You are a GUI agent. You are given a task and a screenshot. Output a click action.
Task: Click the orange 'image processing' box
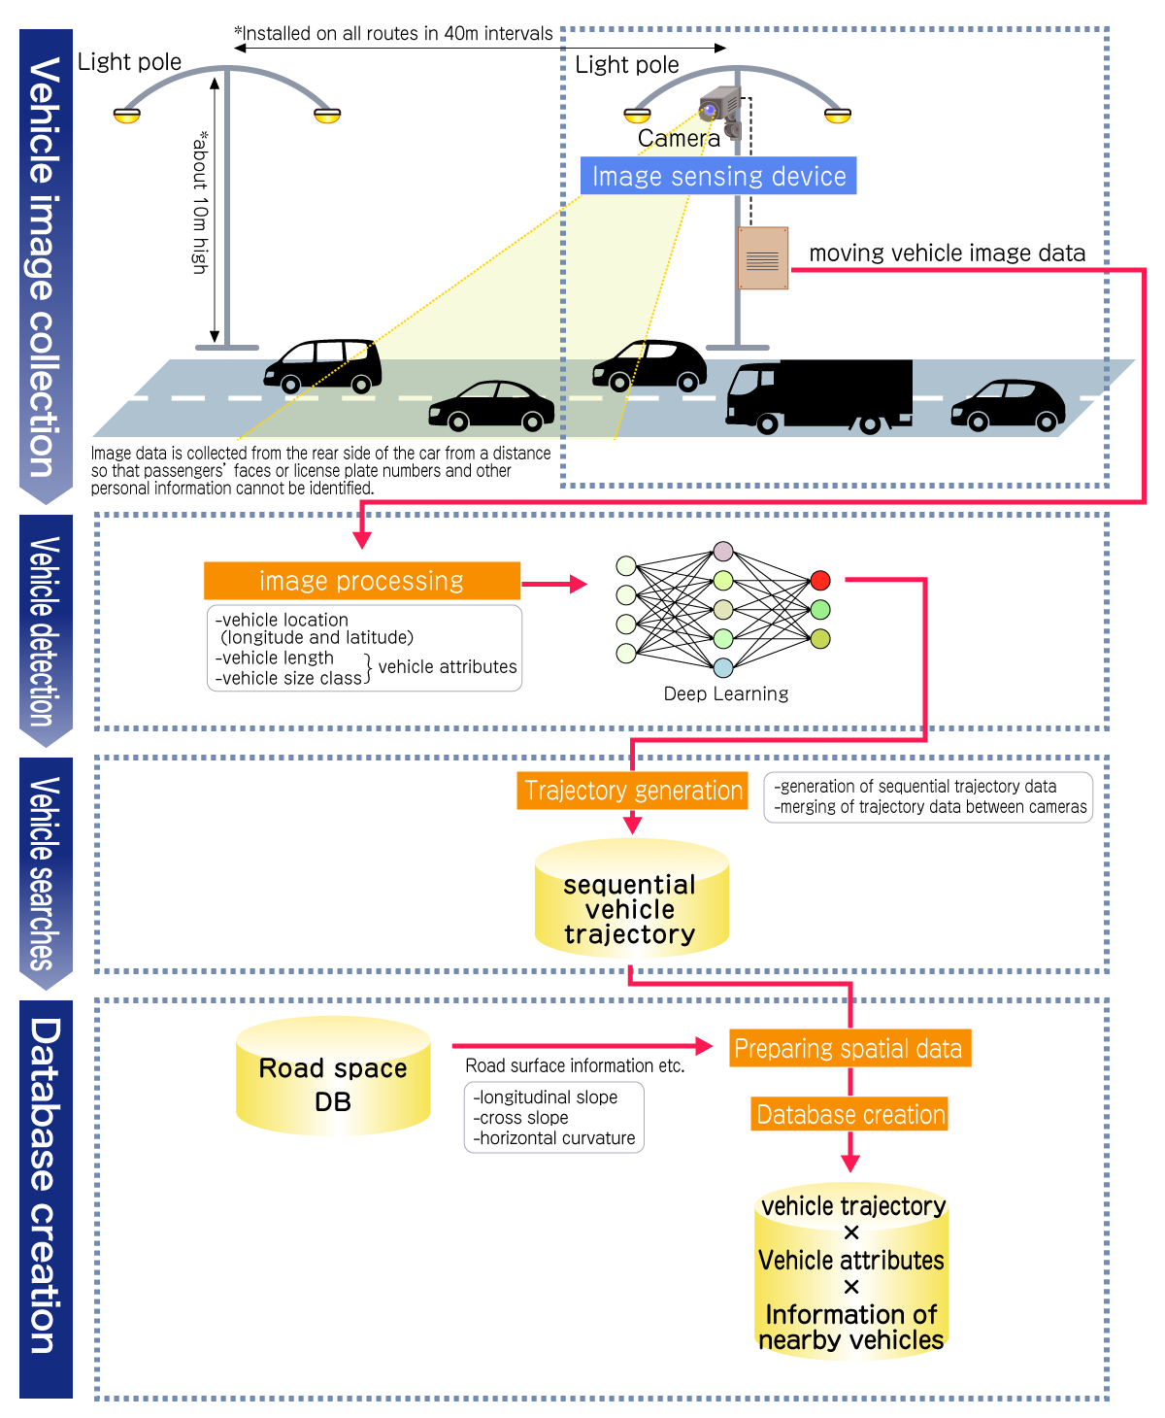click(361, 581)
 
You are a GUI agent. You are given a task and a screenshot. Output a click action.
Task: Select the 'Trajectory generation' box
click(633, 791)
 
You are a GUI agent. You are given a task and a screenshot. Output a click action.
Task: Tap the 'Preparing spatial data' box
click(849, 1049)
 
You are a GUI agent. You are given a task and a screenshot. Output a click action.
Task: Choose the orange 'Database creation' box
click(849, 1114)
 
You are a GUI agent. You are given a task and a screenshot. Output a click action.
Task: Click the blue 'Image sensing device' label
click(718, 176)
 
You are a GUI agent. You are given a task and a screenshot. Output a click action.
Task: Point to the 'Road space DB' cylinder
click(333, 1077)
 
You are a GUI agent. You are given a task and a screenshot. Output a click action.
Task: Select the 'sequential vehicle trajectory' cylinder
click(631, 900)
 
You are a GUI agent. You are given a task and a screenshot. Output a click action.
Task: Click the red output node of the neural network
click(820, 581)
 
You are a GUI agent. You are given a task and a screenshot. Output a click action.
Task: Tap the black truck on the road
click(820, 394)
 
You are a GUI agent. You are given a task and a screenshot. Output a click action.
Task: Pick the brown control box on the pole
click(762, 258)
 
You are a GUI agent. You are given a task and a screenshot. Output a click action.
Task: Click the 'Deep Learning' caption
click(726, 693)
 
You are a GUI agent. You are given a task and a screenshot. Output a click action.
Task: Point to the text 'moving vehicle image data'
click(947, 253)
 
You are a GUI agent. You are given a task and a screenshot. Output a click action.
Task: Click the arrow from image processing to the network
click(554, 584)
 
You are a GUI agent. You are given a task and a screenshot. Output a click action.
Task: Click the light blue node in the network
click(723, 667)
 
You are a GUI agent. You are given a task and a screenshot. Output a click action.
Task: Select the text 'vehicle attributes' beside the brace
click(448, 667)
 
